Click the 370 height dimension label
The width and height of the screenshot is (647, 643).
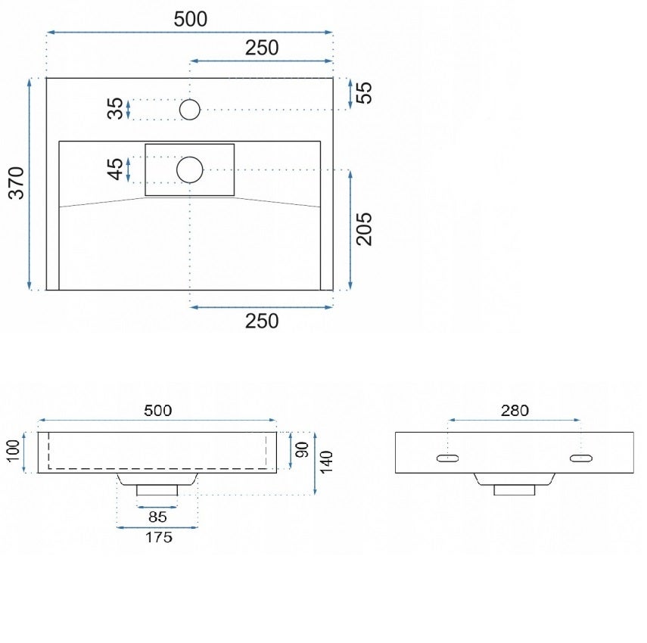pos(17,183)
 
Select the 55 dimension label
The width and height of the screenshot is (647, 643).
pos(364,93)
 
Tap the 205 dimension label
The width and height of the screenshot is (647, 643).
pos(364,229)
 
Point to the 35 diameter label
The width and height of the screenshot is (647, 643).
pos(115,108)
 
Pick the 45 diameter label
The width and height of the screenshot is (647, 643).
pos(115,169)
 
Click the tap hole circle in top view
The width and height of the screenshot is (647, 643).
pos(190,110)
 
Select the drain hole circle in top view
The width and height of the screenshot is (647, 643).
pos(190,169)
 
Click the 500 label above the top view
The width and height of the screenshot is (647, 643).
pos(191,19)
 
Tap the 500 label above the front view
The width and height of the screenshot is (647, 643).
pos(157,410)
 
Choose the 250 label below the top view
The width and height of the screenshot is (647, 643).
pos(262,321)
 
